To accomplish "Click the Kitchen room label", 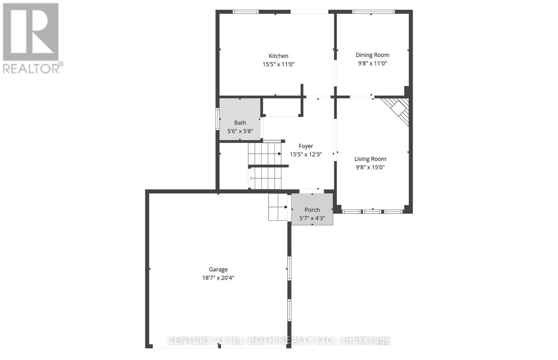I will pos(278,56).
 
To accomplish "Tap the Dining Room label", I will pos(372,55).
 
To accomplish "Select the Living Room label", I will pos(370,159).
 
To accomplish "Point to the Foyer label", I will pos(306,146).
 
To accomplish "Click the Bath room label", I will pos(240,123).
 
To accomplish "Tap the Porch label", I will pos(312,210).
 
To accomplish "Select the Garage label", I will pos(218,269).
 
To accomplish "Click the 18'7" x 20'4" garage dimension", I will pos(218,278).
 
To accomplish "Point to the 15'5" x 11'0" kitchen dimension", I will pos(278,64).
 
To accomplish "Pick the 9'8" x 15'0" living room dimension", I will pos(370,167).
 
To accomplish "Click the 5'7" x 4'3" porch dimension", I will pos(312,218).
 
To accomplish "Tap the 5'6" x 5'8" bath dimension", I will pos(240,131).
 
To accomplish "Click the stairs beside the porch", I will pos(278,207).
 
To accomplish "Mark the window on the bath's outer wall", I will pos(217,119).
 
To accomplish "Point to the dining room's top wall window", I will pos(373,12).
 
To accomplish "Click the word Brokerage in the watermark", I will pos(367,340).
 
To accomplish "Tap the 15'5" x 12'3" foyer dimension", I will pos(306,154).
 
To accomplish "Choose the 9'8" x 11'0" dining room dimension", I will pos(372,63).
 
